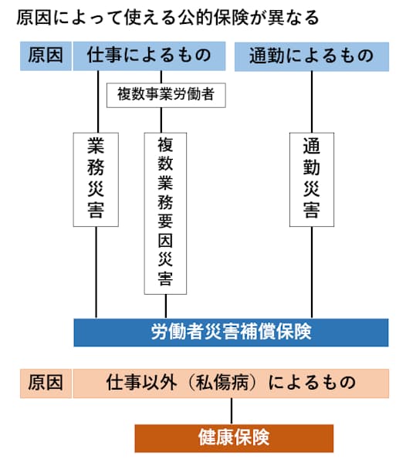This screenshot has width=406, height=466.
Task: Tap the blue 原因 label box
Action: pos(45,56)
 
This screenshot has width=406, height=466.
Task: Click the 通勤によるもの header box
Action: pos(311,56)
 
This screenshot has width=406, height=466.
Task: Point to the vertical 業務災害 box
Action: pos(96,179)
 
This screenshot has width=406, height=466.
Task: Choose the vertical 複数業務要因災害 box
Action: pos(165,212)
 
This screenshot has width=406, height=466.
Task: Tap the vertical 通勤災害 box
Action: pos(312,179)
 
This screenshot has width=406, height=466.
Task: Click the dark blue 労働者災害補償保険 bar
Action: pos(231,332)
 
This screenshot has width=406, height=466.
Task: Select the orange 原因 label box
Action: pos(45,383)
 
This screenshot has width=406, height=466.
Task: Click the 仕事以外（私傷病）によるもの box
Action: pos(231,383)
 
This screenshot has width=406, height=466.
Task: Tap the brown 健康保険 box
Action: pos(234,437)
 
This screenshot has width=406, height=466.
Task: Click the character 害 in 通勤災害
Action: pos(312,211)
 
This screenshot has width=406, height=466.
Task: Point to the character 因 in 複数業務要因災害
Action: pos(165,234)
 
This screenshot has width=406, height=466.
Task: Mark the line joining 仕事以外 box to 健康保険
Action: pos(233,410)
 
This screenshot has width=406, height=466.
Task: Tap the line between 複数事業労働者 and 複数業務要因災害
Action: pos(161,120)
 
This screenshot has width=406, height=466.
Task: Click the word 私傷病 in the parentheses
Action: pos(232,383)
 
